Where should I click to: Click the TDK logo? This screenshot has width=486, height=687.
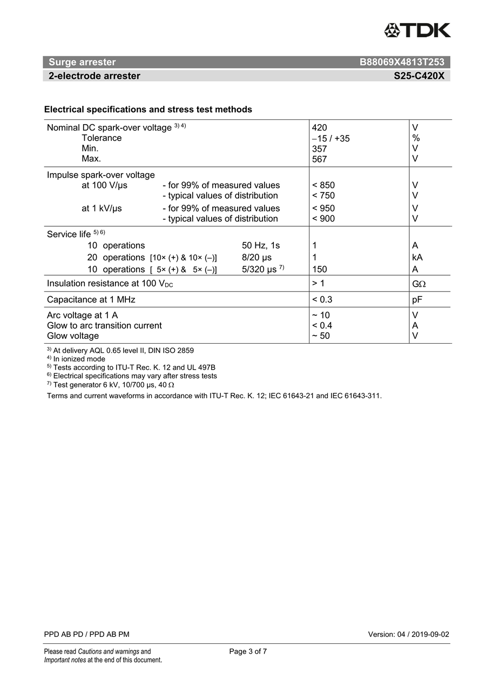pos(417,30)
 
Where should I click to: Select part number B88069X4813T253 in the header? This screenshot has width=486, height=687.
pos(402,62)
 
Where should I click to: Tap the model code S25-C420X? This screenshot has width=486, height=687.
pos(419,76)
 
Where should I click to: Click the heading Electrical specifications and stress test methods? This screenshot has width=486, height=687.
pos(148,110)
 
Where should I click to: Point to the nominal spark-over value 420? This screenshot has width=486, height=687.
pos(320,128)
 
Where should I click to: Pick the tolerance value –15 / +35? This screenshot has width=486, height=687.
pos(331,139)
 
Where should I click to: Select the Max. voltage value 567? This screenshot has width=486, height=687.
pos(320,159)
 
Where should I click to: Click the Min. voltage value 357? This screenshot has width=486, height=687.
pos(320,149)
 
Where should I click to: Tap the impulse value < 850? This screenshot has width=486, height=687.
pos(323,186)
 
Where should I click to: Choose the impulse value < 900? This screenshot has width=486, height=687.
pos(323,219)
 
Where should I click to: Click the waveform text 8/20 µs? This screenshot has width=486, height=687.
pos(257,258)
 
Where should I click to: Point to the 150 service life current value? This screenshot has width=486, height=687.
pos(320,269)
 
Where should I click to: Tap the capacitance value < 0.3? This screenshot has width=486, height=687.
pos(322,300)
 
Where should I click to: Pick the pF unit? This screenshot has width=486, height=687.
pos(417,300)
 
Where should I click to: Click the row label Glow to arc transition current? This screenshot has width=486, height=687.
pos(104,325)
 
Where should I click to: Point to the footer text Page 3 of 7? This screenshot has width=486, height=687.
pos(248,651)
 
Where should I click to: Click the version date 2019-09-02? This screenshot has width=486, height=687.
pos(431,634)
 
